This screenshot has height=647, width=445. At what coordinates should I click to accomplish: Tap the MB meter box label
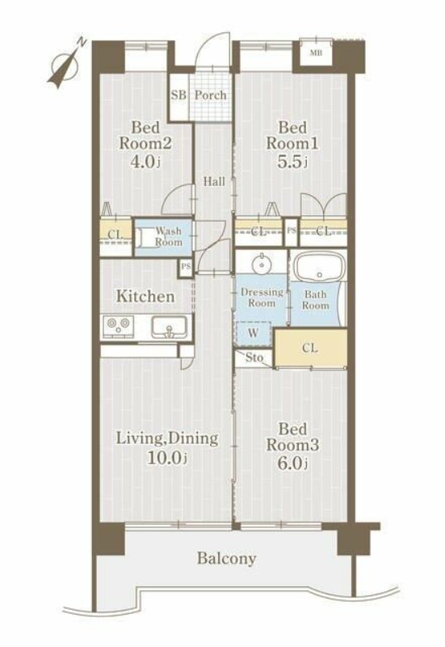pyautogui.click(x=316, y=53)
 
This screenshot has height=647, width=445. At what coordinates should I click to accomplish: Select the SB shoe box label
pyautogui.click(x=178, y=95)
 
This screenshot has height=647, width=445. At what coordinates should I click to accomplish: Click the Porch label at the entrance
pyautogui.click(x=211, y=95)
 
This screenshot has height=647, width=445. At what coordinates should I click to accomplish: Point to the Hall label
pyautogui.click(x=214, y=181)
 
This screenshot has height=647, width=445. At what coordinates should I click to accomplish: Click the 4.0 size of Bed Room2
pyautogui.click(x=145, y=161)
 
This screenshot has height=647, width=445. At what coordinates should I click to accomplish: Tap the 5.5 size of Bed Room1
pyautogui.click(x=292, y=161)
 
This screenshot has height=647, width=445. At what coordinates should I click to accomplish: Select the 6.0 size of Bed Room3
pyautogui.click(x=292, y=463)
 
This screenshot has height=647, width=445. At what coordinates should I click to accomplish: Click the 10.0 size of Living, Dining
pyautogui.click(x=167, y=457)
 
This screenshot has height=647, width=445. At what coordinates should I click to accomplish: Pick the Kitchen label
pyautogui.click(x=145, y=296)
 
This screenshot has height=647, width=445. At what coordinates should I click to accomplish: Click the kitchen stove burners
pyautogui.click(x=118, y=325)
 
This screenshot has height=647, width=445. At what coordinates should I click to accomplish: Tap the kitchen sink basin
pyautogui.click(x=169, y=327)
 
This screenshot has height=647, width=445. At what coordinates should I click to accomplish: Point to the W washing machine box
pyautogui.click(x=254, y=333)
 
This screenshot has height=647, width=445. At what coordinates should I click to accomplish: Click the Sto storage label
pyautogui.click(x=254, y=357)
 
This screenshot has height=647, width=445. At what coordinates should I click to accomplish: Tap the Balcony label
pyautogui.click(x=227, y=558)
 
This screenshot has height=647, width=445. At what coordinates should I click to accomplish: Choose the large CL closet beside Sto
pyautogui.click(x=310, y=348)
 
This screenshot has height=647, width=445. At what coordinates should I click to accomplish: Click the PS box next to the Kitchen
pyautogui.click(x=186, y=267)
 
